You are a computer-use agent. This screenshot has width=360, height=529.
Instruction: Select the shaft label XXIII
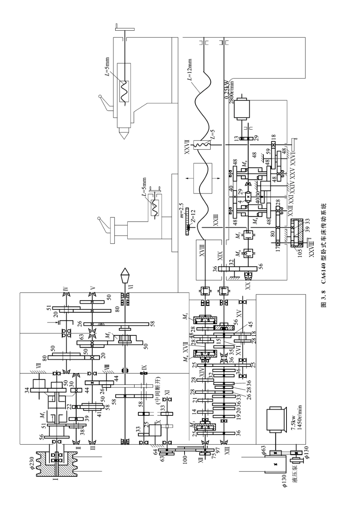click(216, 220)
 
